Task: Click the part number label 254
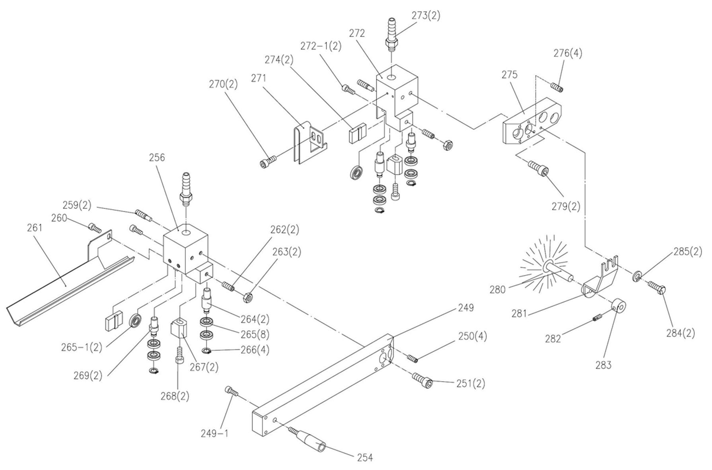point(365,458)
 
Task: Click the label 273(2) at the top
point(426,16)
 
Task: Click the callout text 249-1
point(214,433)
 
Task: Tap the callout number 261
point(35,228)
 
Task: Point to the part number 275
point(510,75)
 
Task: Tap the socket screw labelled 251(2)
point(422,380)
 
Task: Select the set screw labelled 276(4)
point(556,86)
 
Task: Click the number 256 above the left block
point(157,158)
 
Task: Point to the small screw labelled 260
point(94,227)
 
